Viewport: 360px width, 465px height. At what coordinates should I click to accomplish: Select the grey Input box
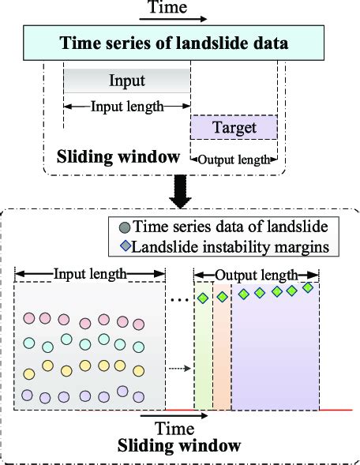point(126,81)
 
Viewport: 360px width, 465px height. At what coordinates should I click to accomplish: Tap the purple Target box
point(233,126)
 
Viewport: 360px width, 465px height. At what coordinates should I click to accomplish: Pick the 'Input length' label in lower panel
point(90,275)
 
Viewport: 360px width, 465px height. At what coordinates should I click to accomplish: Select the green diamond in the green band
point(203,298)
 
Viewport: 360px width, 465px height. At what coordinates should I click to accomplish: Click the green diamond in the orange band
point(222,297)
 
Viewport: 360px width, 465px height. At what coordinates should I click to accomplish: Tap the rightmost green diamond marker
point(308,287)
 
